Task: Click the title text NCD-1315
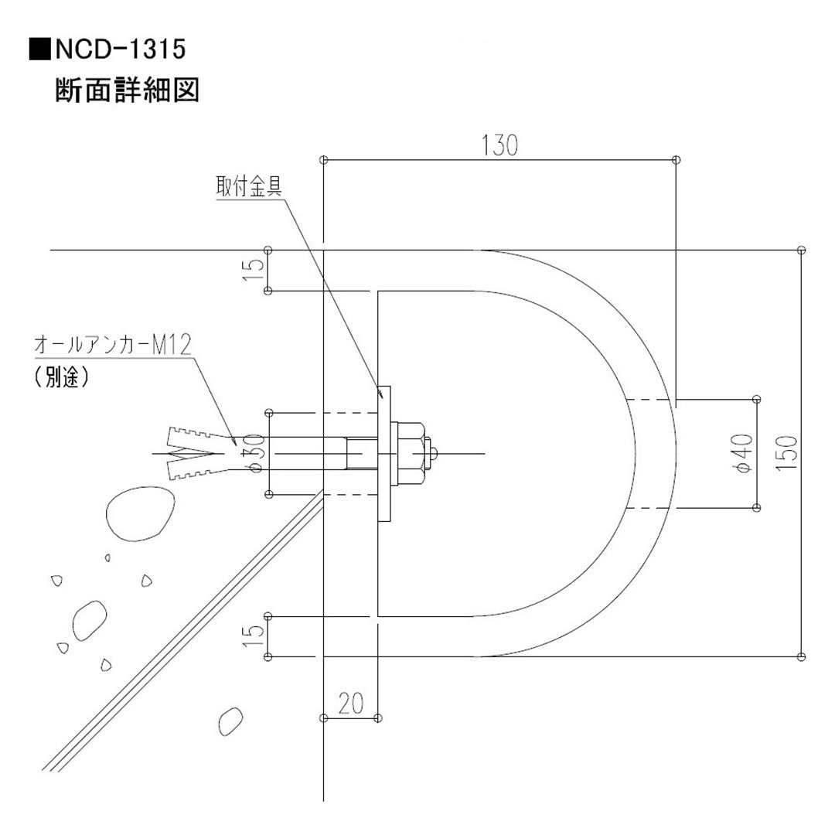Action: click(x=119, y=50)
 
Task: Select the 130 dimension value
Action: click(x=499, y=145)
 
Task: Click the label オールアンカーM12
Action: click(x=112, y=345)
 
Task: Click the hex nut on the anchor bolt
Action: click(x=409, y=453)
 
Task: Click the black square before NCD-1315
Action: click(x=41, y=51)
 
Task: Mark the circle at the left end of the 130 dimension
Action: click(x=324, y=160)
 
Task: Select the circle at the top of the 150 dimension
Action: click(x=800, y=250)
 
